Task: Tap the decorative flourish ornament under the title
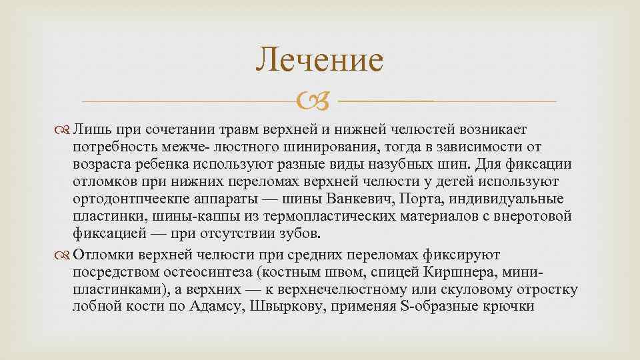pos(320,102)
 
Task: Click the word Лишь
pos(88,128)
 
